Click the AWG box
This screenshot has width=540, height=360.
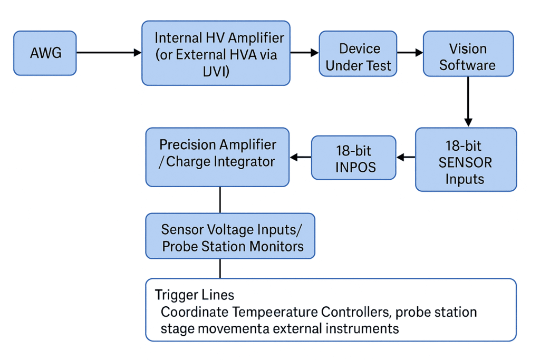tap(45, 52)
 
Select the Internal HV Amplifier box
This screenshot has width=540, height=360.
tap(216, 53)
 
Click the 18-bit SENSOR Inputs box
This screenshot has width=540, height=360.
tap(466, 159)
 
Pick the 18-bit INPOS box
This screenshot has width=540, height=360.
tap(353, 158)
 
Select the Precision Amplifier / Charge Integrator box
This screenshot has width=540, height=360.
tap(217, 157)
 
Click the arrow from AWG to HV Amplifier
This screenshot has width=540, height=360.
tap(109, 52)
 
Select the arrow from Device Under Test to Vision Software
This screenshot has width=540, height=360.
tap(410, 52)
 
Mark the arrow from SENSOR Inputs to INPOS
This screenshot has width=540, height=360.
tap(406, 157)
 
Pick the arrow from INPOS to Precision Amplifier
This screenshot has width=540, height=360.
tap(301, 157)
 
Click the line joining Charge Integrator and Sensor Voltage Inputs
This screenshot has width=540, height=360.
tap(220, 200)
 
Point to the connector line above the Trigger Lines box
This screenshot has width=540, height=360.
tap(220, 268)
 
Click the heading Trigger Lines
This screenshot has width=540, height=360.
tap(195, 295)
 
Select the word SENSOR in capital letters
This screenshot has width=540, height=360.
tap(465, 162)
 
